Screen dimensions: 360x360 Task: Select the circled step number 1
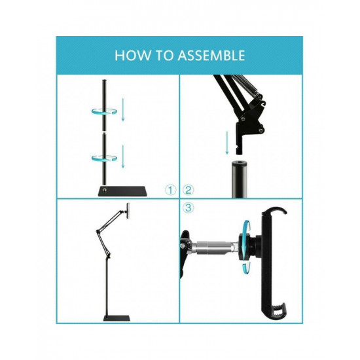point(171,190)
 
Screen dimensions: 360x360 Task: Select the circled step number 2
point(189,190)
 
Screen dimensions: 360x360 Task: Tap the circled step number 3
point(189,209)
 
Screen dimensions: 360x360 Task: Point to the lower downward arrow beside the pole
point(122,157)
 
